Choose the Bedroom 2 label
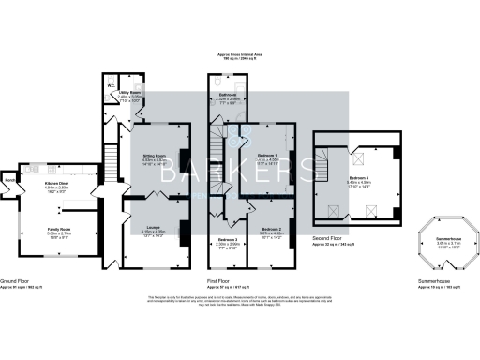[272, 229]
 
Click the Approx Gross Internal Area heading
[239, 57]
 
